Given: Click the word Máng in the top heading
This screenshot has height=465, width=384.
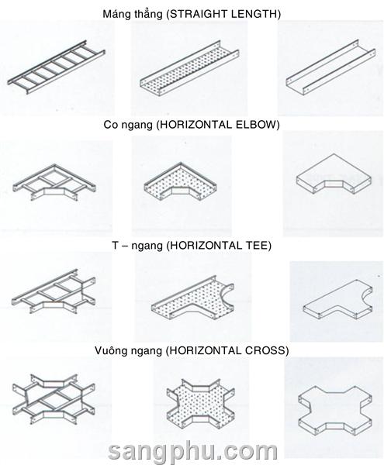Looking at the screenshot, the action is point(114,14).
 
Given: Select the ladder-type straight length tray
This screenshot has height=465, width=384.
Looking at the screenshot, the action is point(57,67).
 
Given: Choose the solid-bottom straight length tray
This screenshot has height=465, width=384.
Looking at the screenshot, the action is point(331,67).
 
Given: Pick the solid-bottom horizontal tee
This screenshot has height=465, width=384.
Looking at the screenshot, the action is point(337,301).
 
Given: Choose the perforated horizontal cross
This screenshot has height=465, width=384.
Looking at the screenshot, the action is point(200,401).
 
